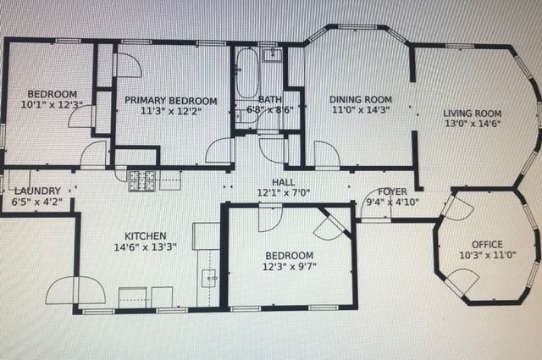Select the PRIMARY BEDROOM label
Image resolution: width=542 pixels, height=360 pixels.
point(169,100)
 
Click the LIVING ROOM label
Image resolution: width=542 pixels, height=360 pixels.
point(473,113)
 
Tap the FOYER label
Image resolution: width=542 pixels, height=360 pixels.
point(391,191)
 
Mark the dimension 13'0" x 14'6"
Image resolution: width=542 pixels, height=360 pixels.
point(473,124)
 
